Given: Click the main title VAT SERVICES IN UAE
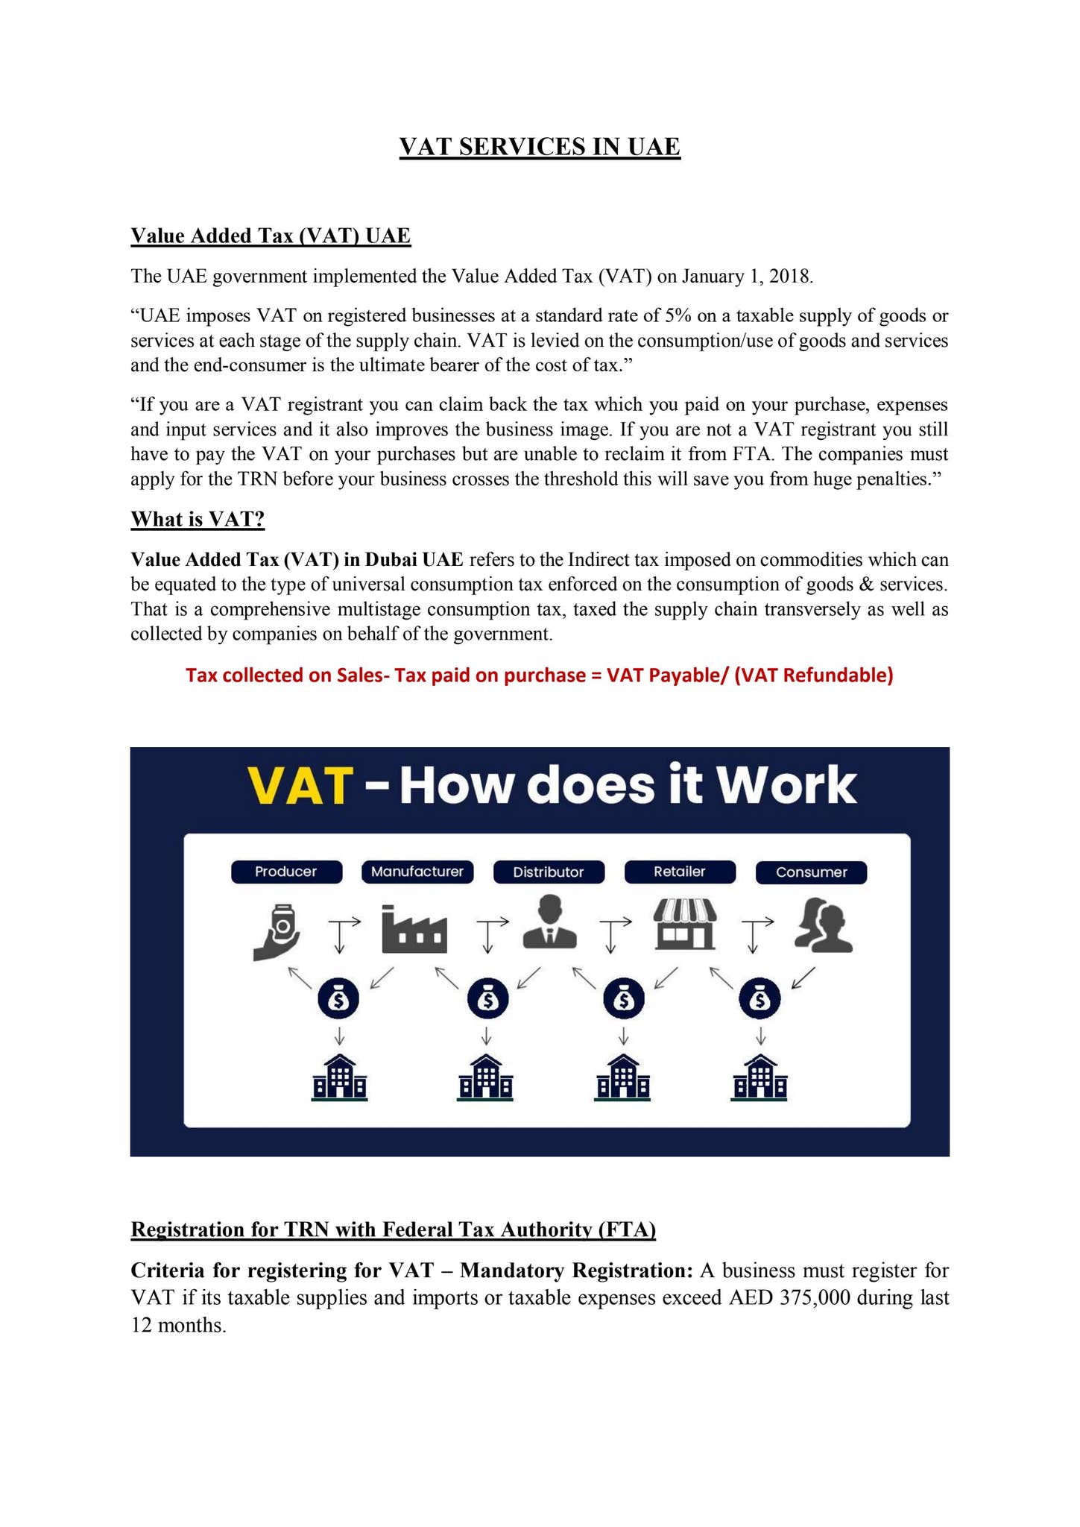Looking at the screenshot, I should coord(540,147).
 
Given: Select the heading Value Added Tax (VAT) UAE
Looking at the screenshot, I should coord(271,236).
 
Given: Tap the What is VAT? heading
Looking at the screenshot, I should coord(198,519).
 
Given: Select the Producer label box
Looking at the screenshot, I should coord(286,872).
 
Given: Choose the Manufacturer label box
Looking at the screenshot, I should coord(417,872).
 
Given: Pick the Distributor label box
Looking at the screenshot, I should coord(549,872).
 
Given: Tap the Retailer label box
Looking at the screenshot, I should coord(680,872).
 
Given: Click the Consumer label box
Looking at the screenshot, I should coord(811,872).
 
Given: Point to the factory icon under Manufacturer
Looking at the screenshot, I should coord(414,930).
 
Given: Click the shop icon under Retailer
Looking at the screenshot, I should coord(685,925).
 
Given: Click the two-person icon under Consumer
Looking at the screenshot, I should coord(823,925).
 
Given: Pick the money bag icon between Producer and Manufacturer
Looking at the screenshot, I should coord(339,999).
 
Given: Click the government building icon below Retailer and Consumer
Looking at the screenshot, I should coord(760,1078).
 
